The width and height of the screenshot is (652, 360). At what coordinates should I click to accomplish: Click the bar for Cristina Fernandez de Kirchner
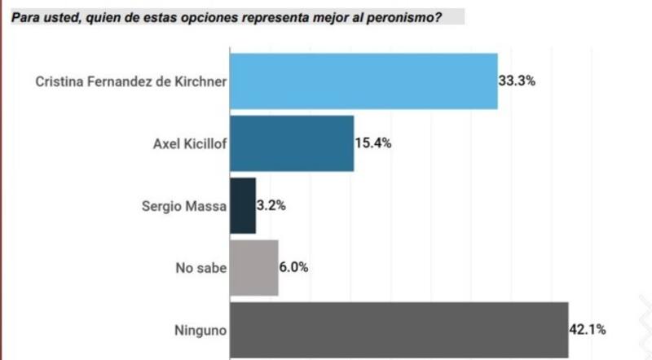pos(363,81)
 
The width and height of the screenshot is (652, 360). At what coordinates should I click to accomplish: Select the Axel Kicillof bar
pos(292,143)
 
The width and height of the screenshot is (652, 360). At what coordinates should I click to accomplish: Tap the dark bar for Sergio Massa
pos(243,206)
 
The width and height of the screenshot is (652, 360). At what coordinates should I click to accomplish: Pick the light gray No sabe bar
pos(254,268)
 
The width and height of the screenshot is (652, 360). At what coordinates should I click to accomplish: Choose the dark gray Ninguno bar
pos(399,330)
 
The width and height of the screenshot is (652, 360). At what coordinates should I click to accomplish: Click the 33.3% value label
pos(517,81)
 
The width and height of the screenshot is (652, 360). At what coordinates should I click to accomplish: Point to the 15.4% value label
pos(373,143)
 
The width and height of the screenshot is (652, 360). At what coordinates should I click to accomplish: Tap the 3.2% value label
pos(271,206)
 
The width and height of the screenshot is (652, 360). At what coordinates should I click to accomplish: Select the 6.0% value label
pos(294,268)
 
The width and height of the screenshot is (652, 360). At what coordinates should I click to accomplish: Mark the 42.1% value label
pos(588,330)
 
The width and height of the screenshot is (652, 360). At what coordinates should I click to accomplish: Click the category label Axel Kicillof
pos(189,143)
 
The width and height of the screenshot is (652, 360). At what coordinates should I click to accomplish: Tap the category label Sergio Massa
pos(183,206)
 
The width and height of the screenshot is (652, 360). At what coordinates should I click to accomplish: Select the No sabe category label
pos(200,268)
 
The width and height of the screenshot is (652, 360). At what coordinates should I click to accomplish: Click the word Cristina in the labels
pos(57,81)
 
